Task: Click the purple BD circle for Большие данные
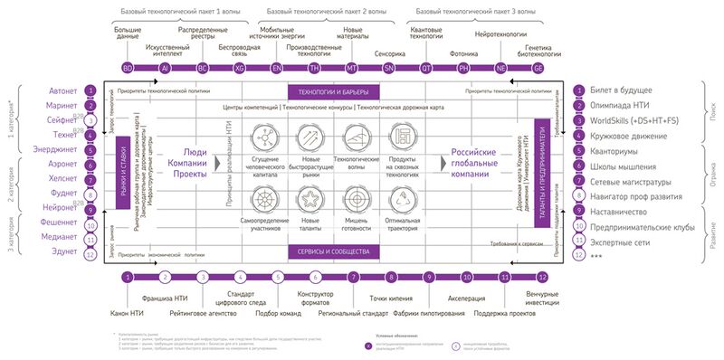pyautogui.click(x=128, y=68)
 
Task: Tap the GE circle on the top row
pyautogui.click(x=538, y=68)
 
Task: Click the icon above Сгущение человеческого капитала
pyautogui.click(x=264, y=136)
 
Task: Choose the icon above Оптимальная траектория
pyautogui.click(x=401, y=198)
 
